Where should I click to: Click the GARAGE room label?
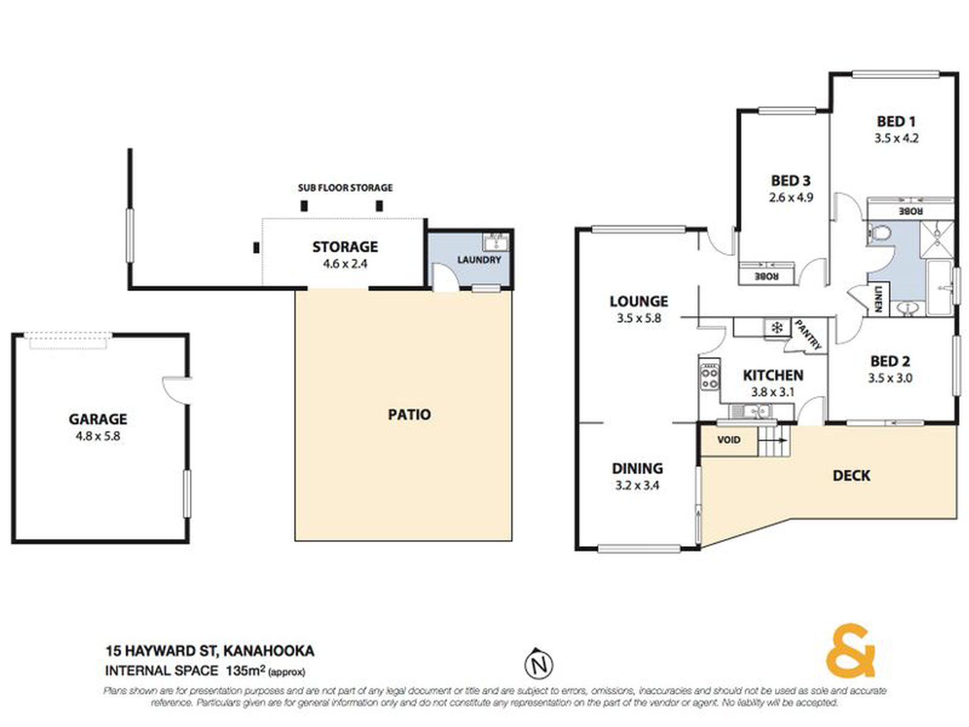[x=98, y=419]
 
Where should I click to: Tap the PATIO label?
[x=409, y=414]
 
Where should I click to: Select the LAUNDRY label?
[x=479, y=260]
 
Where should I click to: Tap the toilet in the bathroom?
[x=879, y=234]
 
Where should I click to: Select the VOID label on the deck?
[x=728, y=440]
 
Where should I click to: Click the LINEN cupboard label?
[x=878, y=298]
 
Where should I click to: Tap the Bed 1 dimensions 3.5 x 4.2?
[x=896, y=138]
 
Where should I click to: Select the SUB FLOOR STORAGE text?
[x=345, y=188]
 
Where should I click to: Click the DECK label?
[x=851, y=475]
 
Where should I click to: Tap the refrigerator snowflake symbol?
[x=776, y=328]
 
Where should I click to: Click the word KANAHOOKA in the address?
[x=269, y=651]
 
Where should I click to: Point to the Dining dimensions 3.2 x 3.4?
[x=637, y=485]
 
